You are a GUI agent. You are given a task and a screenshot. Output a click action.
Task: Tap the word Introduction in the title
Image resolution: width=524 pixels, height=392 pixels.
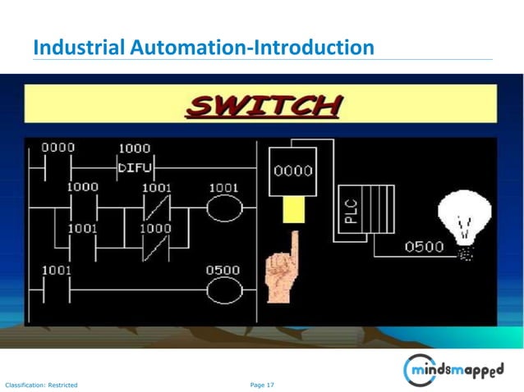312,48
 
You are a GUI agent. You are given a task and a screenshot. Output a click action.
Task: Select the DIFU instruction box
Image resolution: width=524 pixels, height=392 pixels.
134,168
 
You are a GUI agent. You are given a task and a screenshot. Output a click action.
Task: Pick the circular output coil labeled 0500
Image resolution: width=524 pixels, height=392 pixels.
223,289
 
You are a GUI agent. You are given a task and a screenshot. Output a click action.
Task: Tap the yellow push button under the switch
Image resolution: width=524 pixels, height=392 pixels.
293,210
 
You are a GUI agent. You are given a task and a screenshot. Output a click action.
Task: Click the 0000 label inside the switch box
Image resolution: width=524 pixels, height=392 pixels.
292,172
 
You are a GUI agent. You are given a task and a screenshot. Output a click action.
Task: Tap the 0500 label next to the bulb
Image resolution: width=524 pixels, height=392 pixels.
424,246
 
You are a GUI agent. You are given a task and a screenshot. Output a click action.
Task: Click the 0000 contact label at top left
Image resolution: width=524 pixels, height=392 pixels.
57,148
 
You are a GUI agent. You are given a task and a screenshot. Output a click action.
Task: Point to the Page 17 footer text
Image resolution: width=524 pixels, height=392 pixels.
262,384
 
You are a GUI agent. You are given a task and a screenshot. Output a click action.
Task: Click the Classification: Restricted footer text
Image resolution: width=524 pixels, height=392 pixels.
41,384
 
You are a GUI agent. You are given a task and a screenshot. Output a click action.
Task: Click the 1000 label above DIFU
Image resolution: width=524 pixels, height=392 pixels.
134,148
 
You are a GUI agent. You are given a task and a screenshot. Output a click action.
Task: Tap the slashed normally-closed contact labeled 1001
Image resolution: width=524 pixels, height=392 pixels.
156,207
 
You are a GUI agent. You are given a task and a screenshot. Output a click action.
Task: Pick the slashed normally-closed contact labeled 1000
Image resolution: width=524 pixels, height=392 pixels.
156,247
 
